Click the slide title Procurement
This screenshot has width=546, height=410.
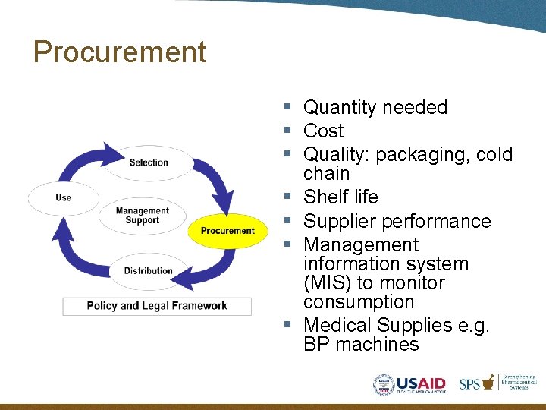click(120, 52)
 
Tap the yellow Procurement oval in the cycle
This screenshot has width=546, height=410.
click(227, 230)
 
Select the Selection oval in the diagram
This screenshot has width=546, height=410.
click(149, 162)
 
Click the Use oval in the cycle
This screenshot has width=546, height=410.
click(64, 198)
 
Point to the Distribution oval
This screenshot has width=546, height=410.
click(148, 270)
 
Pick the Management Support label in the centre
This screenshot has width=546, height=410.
click(142, 216)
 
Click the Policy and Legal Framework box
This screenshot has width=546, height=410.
click(157, 306)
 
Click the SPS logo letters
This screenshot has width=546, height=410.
click(469, 384)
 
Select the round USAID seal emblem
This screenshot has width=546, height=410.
click(384, 385)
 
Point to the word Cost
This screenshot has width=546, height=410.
click(324, 131)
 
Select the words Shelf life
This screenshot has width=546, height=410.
click(340, 197)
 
